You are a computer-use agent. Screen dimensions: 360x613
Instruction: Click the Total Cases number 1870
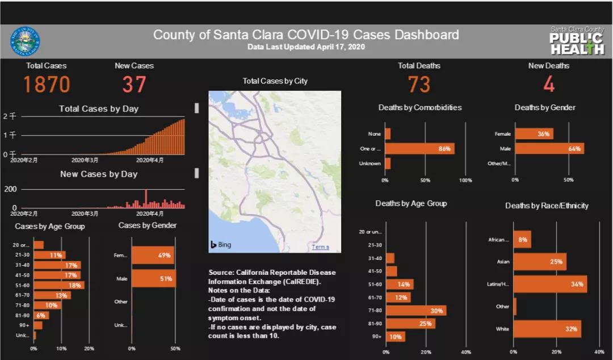[47, 85]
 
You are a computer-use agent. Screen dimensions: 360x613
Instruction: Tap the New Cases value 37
[134, 85]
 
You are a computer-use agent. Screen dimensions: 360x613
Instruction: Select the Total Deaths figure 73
[419, 85]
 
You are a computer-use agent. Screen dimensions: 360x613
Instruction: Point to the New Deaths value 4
[548, 85]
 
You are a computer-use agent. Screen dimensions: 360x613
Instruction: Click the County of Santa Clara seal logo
[25, 41]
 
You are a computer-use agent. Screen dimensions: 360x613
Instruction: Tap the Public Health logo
[577, 41]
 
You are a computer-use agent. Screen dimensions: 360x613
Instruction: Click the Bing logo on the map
[221, 245]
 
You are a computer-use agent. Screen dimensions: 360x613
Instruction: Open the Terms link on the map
[320, 247]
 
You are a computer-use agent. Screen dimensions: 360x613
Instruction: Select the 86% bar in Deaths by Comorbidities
[419, 149]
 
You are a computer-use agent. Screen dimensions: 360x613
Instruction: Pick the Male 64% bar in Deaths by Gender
[549, 149]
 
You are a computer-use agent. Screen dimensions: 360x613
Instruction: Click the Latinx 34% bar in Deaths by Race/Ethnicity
[549, 284]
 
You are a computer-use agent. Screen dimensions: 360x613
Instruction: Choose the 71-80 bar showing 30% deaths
[415, 311]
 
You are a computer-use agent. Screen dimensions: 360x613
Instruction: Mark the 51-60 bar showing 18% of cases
[58, 285]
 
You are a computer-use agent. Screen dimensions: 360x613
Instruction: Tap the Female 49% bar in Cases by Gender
[153, 256]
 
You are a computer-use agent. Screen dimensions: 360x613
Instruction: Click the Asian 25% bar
[539, 262]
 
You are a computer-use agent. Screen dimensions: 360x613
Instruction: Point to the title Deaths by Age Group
[411, 203]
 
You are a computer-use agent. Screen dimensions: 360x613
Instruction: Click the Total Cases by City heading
[275, 81]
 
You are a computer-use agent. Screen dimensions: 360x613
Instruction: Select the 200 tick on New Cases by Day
[10, 189]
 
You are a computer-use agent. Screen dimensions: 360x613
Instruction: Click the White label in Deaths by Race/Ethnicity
[502, 329]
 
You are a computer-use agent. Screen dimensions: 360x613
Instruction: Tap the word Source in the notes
[221, 273]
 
